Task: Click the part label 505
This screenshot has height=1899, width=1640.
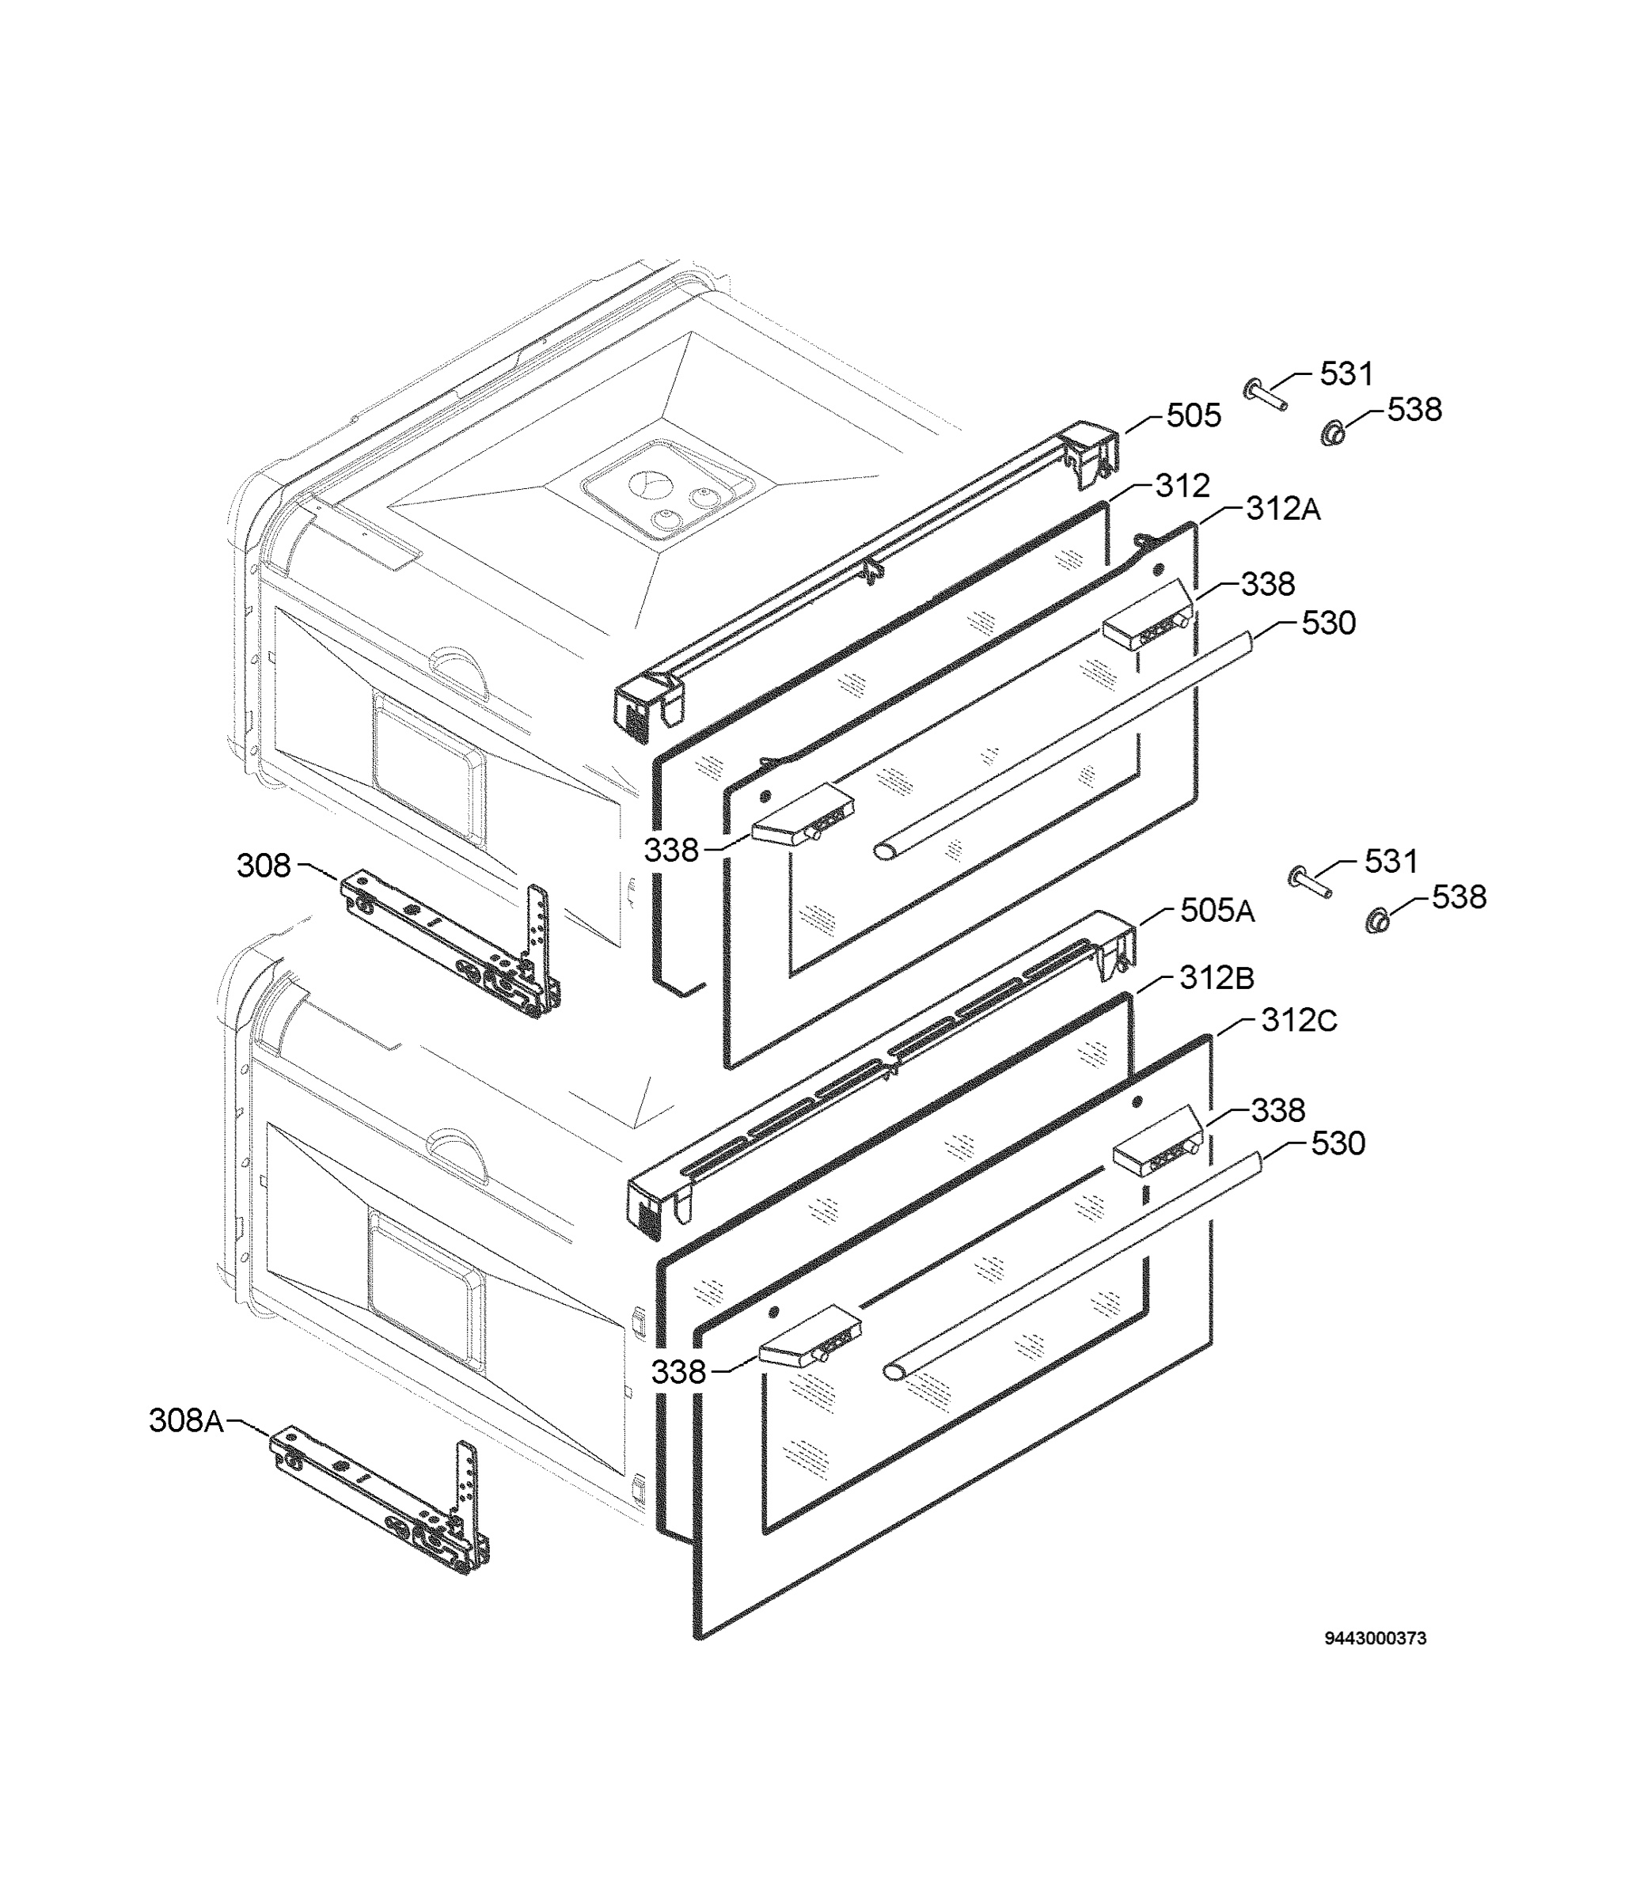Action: pos(1194,416)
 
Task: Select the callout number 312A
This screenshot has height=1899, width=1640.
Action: pos(1283,509)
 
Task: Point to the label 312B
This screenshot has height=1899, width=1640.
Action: pos(1217,978)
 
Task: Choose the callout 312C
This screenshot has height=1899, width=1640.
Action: pos(1299,1020)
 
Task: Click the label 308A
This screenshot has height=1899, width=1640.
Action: pos(187,1420)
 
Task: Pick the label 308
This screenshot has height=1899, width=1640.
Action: pos(264,865)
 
